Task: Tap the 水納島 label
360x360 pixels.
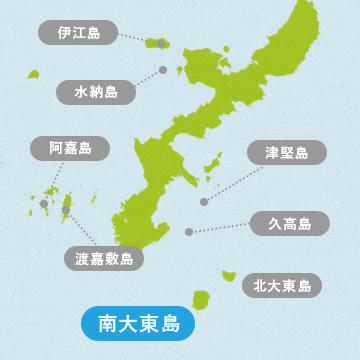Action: point(96,92)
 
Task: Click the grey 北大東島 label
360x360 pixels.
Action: point(281,286)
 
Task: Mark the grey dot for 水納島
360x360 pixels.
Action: point(161,70)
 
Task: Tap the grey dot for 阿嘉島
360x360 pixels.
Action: point(45,204)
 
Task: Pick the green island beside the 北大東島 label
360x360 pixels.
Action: point(228,274)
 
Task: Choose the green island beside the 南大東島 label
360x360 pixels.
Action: point(201,300)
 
